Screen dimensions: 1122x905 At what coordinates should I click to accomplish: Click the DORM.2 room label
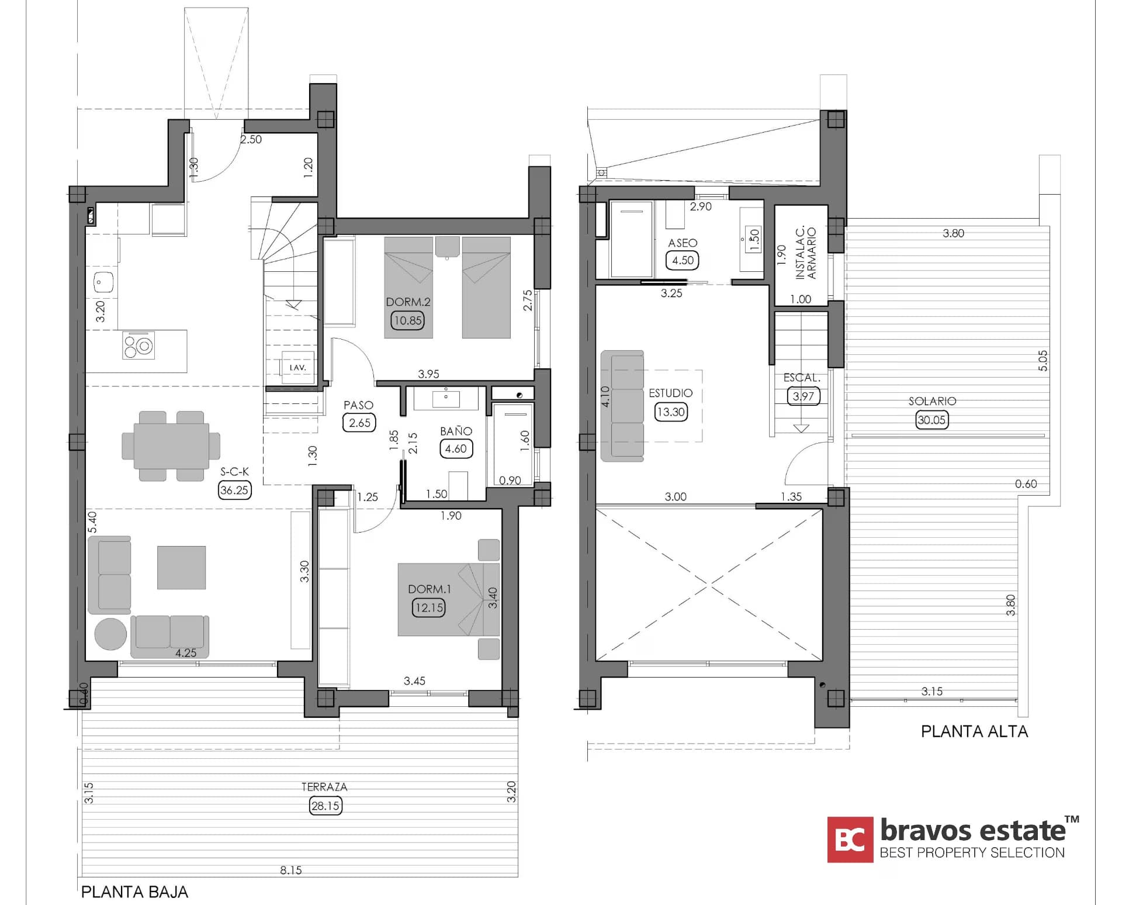click(408, 302)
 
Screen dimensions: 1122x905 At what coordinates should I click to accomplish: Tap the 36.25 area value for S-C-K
click(234, 490)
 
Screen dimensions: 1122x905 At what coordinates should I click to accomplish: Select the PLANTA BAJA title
click(134, 892)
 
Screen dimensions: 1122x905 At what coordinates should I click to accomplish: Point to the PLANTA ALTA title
click(974, 731)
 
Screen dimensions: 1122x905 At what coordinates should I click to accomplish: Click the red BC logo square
click(850, 840)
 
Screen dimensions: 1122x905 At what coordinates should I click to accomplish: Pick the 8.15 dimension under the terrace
click(291, 870)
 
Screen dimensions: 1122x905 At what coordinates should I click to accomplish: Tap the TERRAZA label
click(324, 787)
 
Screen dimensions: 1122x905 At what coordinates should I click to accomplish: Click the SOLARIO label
click(932, 401)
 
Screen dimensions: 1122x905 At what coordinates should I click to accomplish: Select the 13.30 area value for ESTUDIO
click(670, 412)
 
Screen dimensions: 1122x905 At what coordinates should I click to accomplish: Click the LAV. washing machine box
click(297, 368)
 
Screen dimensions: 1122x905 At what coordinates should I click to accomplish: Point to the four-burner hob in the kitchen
click(138, 345)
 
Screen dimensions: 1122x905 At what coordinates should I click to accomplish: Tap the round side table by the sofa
click(110, 634)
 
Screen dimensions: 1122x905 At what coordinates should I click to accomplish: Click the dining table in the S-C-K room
click(171, 446)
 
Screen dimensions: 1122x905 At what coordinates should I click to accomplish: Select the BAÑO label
click(456, 431)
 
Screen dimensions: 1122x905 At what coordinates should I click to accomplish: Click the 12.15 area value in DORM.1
click(429, 607)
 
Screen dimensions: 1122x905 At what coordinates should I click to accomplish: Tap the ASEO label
click(683, 243)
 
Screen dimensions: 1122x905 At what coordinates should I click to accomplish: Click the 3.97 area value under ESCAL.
click(804, 396)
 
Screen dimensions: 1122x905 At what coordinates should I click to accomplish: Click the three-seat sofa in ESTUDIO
click(622, 406)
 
